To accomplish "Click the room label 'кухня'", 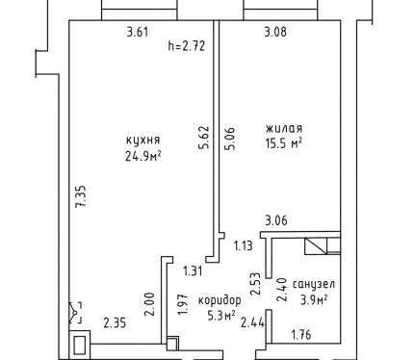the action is coord(142,141).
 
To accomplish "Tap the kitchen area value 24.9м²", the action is coord(142,156).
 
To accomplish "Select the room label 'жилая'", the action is coord(284,128).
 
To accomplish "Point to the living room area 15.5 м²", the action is coord(284,143).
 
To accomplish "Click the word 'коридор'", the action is coord(220,300).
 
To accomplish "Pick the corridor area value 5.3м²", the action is coord(221,316).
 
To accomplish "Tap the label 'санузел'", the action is coord(314,284).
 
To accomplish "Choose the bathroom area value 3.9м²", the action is coord(314,300).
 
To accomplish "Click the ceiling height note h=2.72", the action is coord(187,46).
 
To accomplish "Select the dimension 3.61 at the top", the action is coord(138,32).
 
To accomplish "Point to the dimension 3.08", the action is coord(275,32).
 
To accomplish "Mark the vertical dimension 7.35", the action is coord(81,196).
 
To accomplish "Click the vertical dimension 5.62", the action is coord(204,138).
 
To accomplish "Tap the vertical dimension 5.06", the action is coord(230,139).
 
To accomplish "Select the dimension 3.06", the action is coord(276,220).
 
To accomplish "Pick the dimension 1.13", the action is coord(244,246).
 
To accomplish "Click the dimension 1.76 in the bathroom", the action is coord(301,335).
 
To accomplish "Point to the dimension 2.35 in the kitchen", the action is coord(115,322).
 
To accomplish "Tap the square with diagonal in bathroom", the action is coord(316,246).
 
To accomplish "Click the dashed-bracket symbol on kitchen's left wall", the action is coord(75,313).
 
